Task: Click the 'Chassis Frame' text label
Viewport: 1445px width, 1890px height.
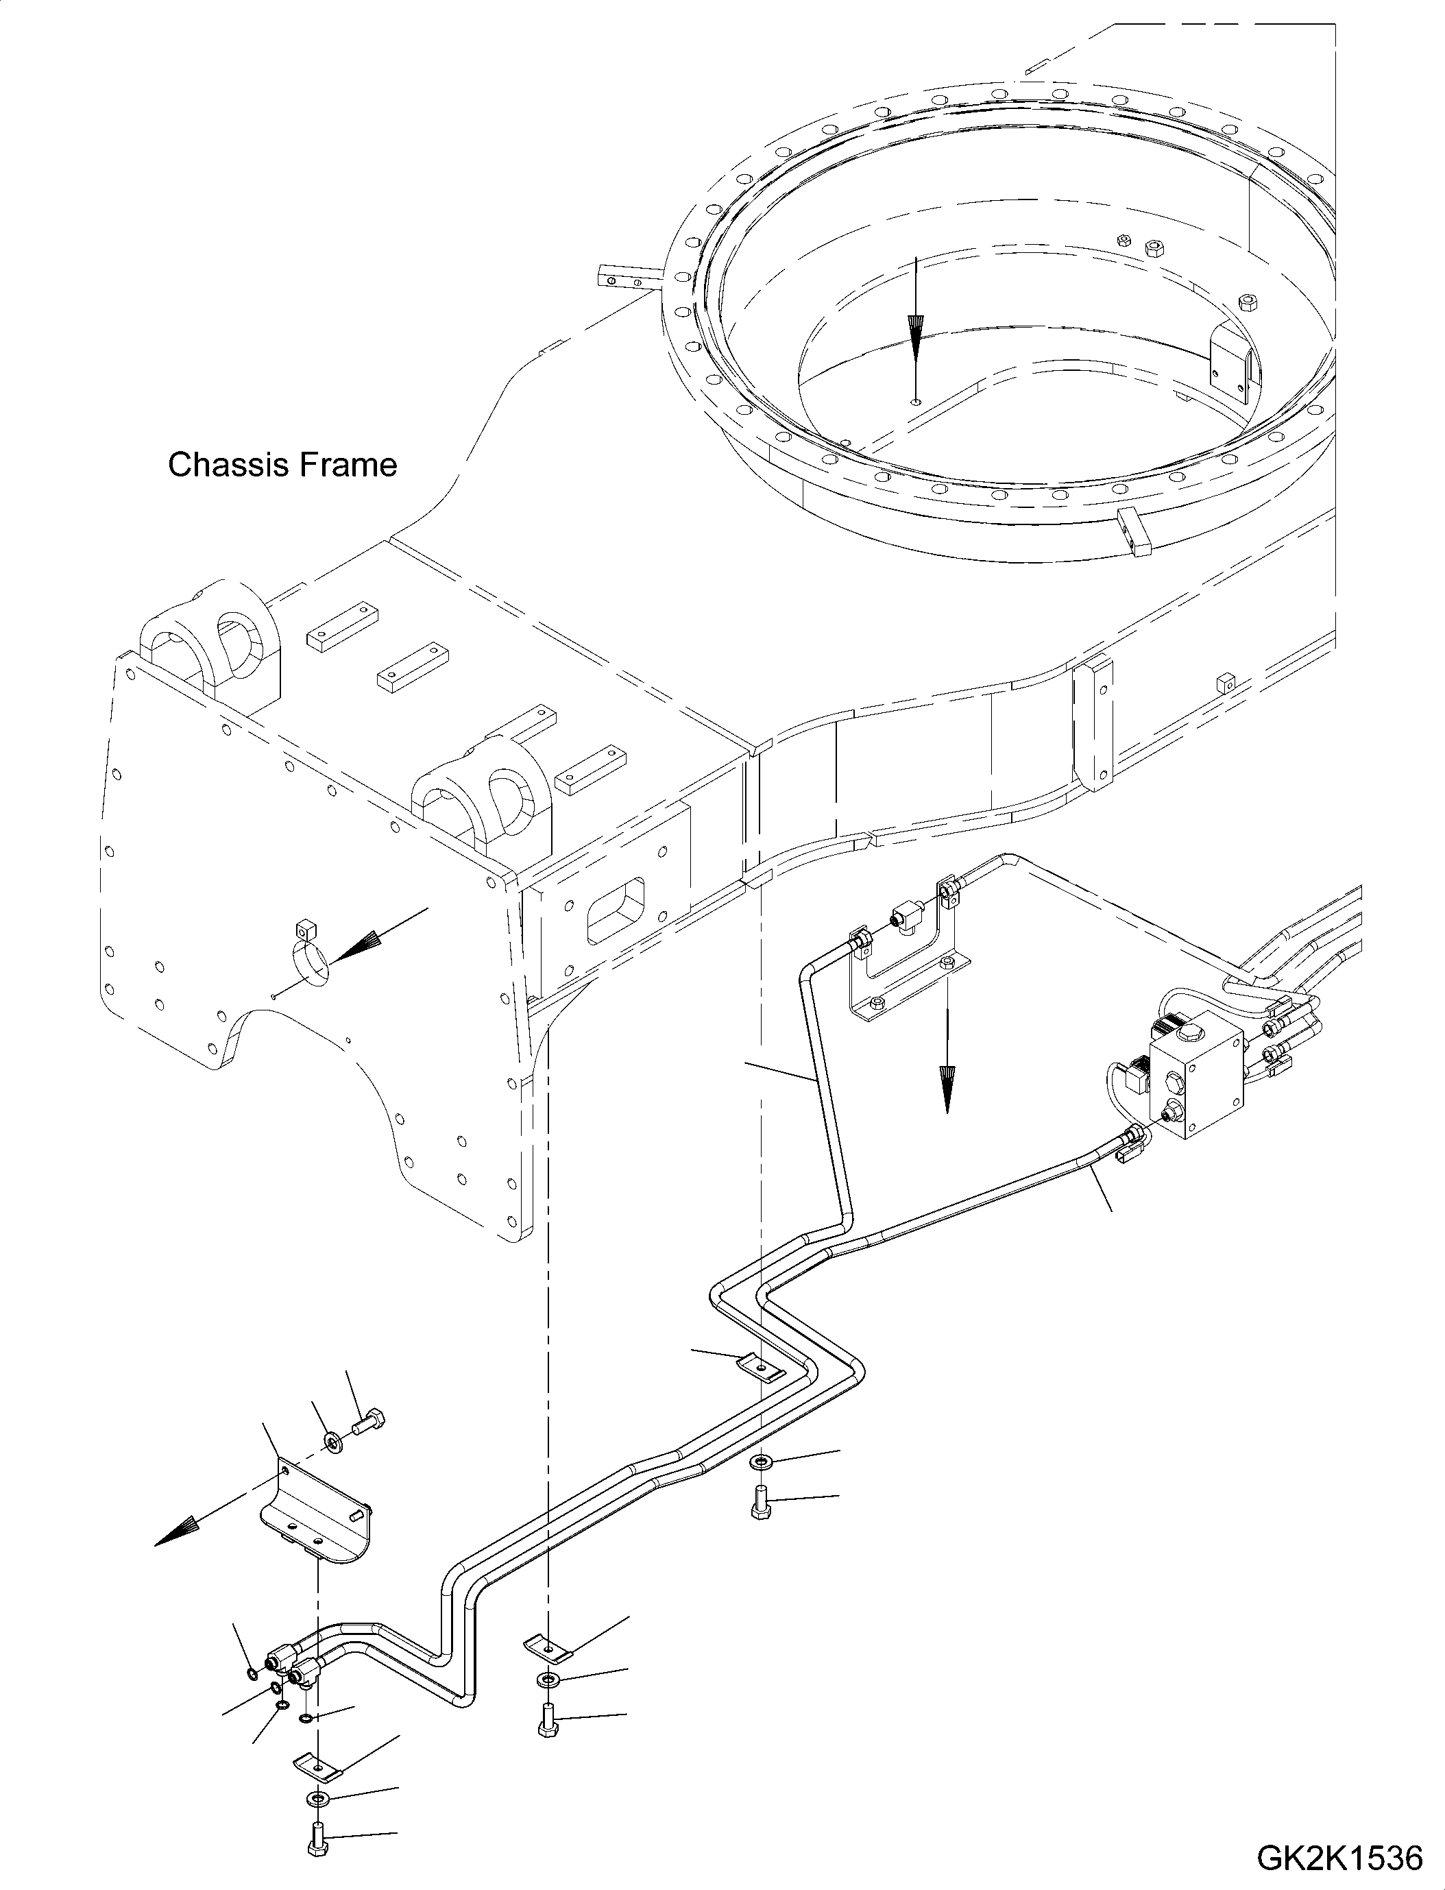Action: (282, 465)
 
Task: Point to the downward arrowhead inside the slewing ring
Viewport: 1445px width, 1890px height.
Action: (916, 340)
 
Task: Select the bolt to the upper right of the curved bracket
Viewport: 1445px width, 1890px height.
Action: (367, 1424)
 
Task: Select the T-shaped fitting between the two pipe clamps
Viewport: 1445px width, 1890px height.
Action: (908, 915)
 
